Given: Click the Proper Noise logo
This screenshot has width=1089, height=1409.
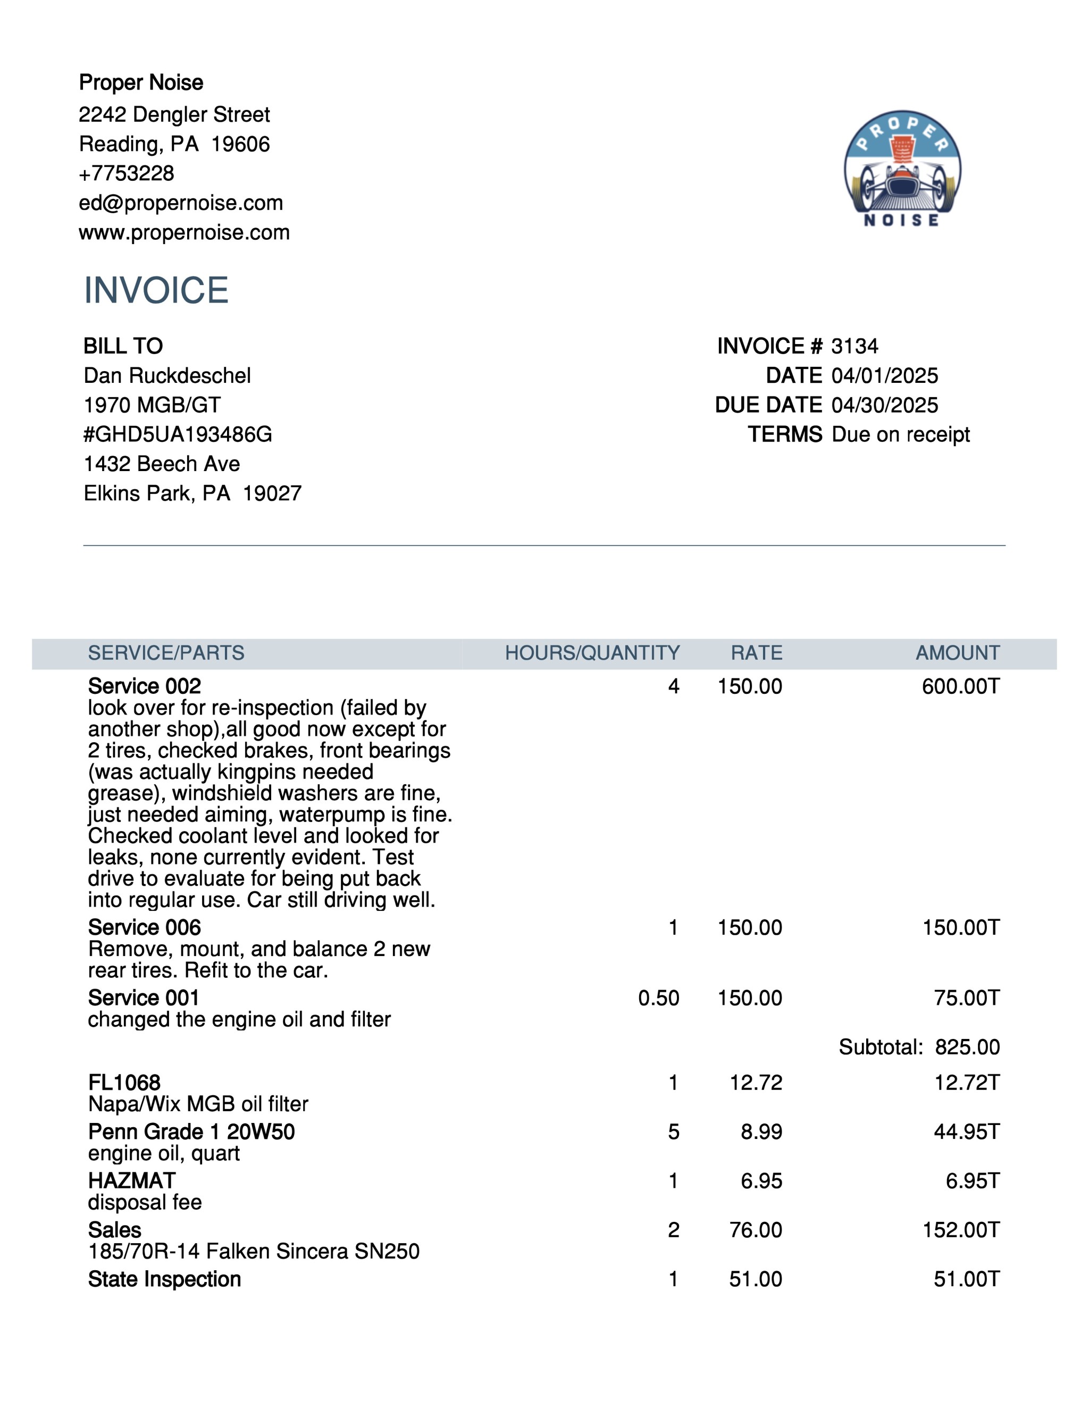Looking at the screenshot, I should point(902,170).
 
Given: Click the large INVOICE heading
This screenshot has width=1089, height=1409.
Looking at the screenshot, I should point(156,290).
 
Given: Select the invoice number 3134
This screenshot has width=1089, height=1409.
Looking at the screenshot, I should point(854,347).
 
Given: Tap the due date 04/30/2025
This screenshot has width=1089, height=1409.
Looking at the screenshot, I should point(884,405).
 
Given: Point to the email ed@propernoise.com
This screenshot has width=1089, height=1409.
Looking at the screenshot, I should point(181,203).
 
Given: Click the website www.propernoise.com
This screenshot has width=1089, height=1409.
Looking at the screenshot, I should point(184,232).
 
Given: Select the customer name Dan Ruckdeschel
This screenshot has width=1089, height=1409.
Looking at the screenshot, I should point(167,375).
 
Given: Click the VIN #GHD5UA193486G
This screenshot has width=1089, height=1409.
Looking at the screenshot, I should point(178,434).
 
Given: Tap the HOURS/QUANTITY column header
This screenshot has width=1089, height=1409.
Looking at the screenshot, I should point(592,653).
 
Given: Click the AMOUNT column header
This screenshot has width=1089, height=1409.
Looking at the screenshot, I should point(957,653).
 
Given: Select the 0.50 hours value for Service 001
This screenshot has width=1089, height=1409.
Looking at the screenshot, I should point(658,998).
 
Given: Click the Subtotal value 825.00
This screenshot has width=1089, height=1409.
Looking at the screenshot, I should point(967,1047).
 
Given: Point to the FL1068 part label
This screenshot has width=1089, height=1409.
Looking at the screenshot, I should point(124,1083).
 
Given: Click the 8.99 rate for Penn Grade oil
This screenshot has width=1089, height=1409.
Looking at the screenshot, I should point(761,1131).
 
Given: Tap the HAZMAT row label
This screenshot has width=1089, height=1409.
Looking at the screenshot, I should point(132,1180).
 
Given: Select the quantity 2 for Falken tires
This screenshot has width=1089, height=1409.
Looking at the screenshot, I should point(673,1230).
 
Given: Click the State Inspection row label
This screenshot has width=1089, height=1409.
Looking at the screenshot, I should point(164,1279).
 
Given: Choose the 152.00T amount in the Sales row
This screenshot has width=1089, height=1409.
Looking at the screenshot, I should point(961,1230).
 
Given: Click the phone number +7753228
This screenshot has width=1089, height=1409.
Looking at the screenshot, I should point(127,173).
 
